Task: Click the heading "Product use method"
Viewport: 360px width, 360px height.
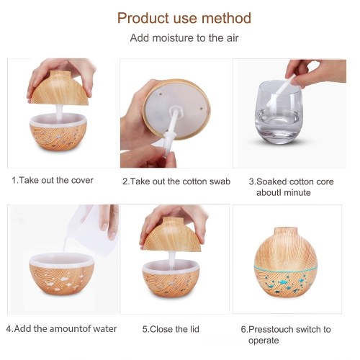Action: point(184,18)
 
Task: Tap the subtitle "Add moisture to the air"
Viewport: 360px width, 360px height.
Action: point(184,38)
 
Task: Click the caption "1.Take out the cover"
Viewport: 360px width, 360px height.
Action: point(53,180)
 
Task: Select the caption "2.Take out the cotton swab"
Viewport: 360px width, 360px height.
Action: point(176,181)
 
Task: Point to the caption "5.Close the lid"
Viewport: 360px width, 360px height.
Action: point(171,329)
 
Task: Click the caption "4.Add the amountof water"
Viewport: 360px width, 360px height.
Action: point(61,328)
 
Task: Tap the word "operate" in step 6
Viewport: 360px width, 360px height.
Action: point(264,341)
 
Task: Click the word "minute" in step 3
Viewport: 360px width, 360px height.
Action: point(297,192)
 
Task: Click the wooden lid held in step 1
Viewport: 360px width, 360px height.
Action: point(60,89)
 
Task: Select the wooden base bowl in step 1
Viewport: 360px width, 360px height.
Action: point(58,133)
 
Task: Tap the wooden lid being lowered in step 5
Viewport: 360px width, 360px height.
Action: point(172,235)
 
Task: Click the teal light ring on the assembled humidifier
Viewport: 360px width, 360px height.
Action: point(286,268)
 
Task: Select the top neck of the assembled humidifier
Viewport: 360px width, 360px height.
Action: point(286,231)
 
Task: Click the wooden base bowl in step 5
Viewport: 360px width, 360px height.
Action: point(171,279)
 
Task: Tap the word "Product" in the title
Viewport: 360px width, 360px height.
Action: point(143,18)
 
